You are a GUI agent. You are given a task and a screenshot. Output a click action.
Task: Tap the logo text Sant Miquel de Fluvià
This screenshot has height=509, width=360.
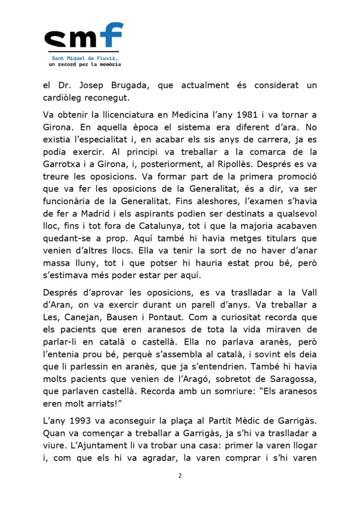point(84,58)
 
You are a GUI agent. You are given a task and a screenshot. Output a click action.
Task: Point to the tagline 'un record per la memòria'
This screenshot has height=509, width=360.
point(85,64)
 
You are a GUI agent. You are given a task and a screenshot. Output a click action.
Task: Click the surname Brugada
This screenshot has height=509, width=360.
point(130,85)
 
